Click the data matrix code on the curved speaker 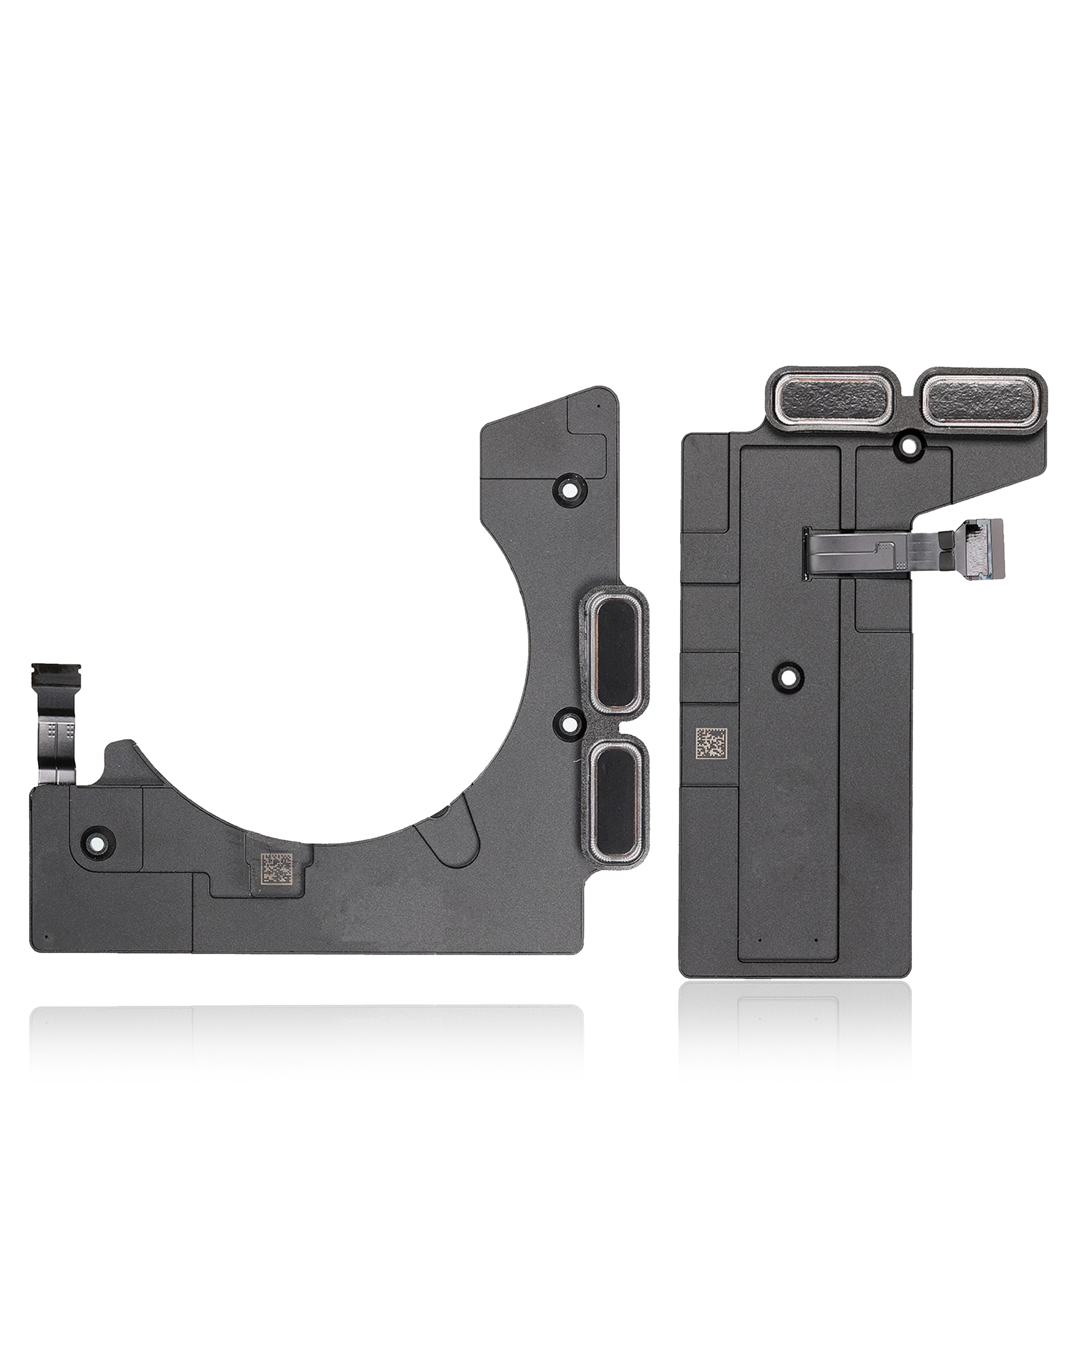[274, 869]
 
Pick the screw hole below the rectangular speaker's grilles [908, 445]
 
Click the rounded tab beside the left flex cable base [120, 754]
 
